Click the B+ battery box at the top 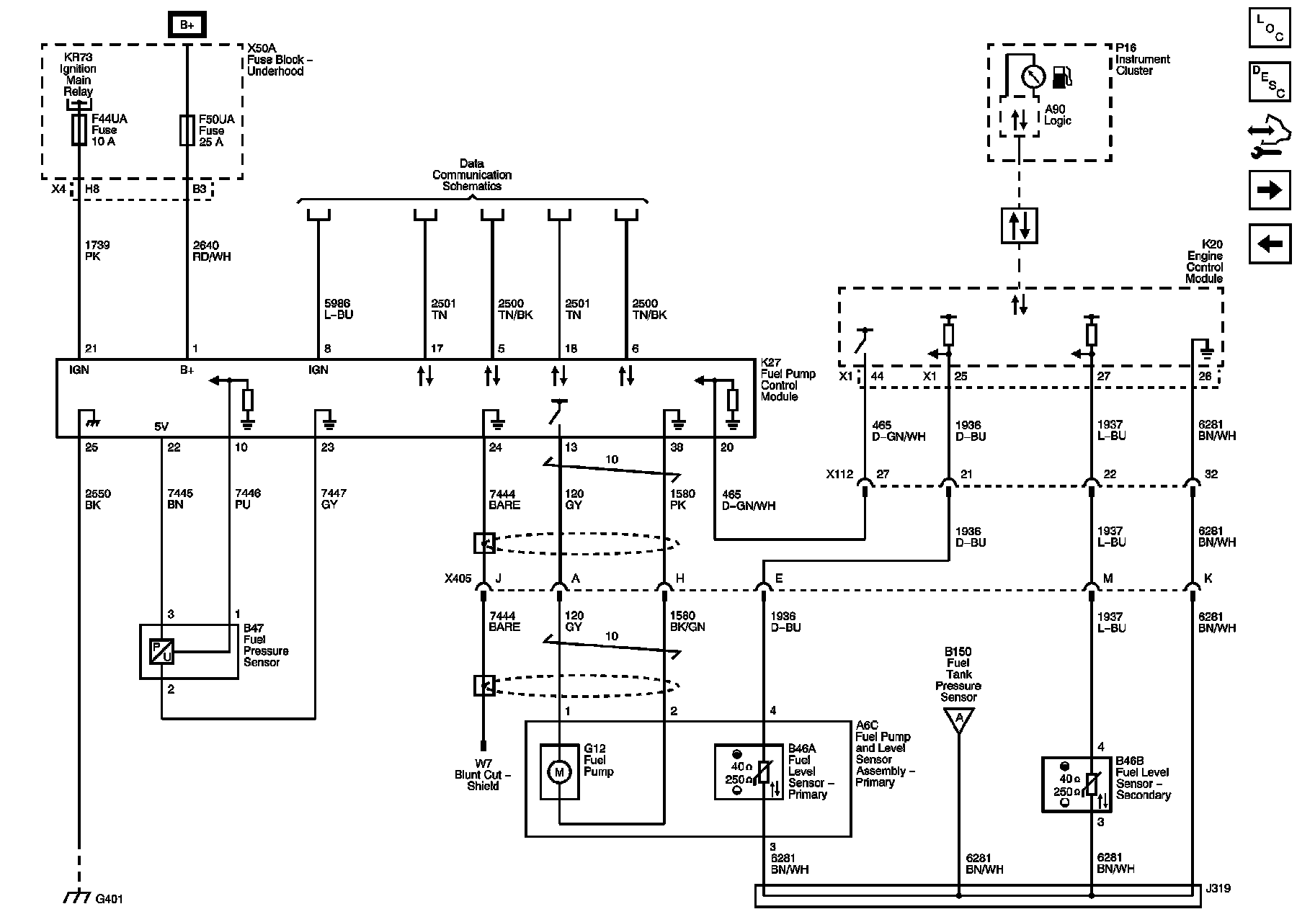coord(187,24)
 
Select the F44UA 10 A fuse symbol coord(79,130)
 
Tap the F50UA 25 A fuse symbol coord(187,130)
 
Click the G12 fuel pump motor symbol coord(559,772)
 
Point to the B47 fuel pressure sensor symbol coord(161,651)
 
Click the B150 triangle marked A coord(958,718)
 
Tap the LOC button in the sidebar coord(1270,27)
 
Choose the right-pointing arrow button coord(1270,190)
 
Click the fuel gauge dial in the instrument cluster coord(1033,76)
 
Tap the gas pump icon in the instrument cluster coord(1062,76)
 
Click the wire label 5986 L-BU coord(339,309)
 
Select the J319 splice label coord(1218,888)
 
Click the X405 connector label coord(458,578)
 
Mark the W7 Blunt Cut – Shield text coord(483,774)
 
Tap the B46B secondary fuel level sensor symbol coord(1077,784)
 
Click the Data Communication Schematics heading coord(472,175)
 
